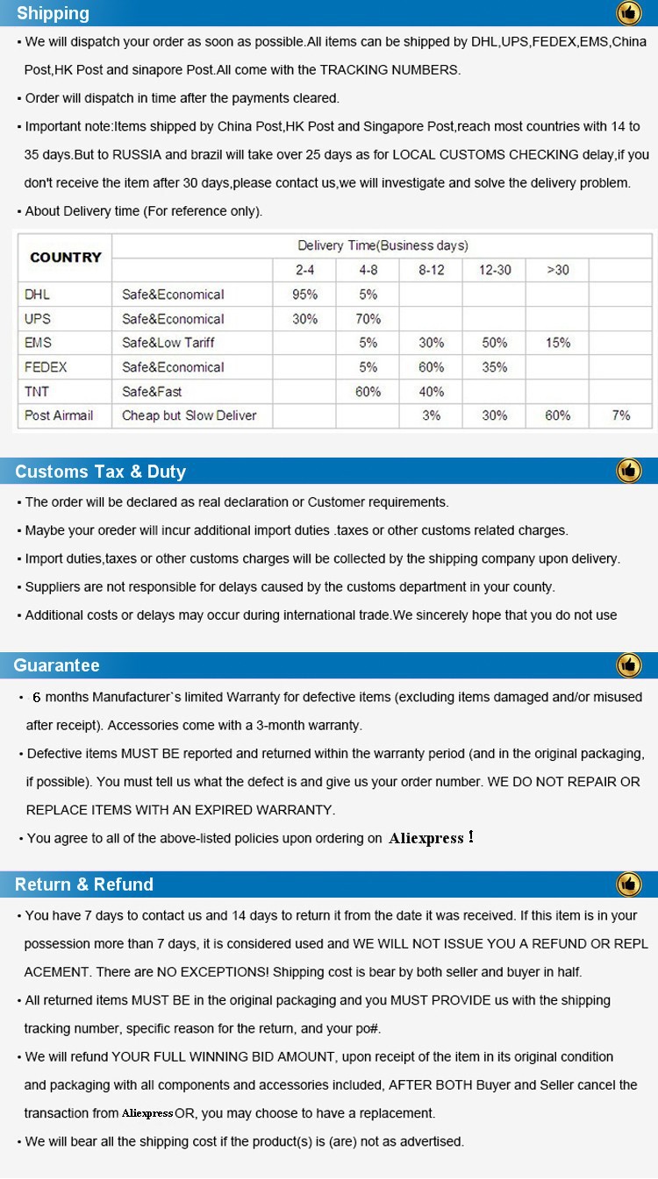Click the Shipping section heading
[x=53, y=13]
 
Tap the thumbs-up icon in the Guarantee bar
[x=629, y=665]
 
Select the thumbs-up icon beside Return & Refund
[x=629, y=884]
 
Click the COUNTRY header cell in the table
[x=65, y=257]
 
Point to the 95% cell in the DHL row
[x=304, y=295]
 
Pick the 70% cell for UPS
[x=368, y=319]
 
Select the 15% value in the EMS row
[x=558, y=343]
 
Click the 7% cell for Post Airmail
[x=621, y=415]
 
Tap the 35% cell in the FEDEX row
[x=495, y=367]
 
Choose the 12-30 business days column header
[x=495, y=270]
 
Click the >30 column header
[x=558, y=270]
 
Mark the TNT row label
[x=38, y=392]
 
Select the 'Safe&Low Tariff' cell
[x=168, y=343]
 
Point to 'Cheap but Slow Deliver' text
[x=190, y=415]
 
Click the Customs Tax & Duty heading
[x=100, y=472]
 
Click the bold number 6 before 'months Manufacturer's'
[x=37, y=698]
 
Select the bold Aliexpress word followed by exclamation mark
[x=426, y=838]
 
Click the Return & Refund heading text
[x=84, y=884]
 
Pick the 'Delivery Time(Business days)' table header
[x=383, y=245]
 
